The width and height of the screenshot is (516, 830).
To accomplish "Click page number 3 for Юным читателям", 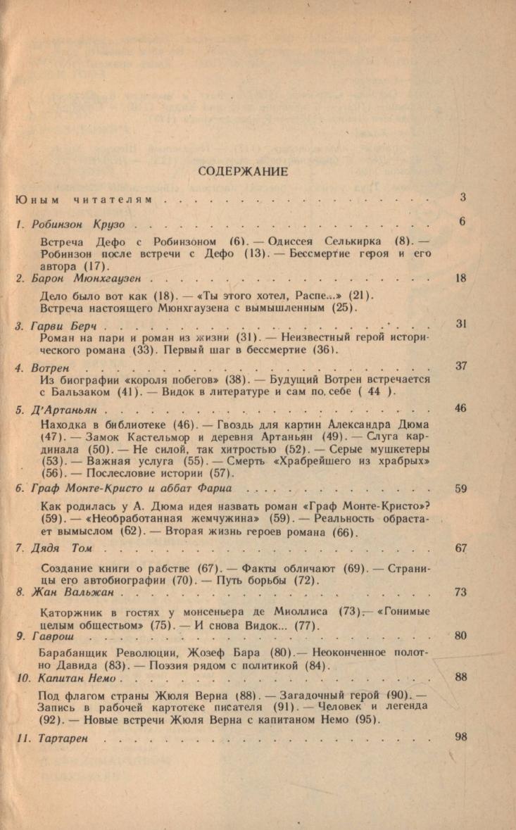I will tap(463, 198).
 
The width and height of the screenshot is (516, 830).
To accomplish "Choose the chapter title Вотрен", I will tap(51, 367).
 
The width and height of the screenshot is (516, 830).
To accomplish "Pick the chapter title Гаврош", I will tap(53, 636).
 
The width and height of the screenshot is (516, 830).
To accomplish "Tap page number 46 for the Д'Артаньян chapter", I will tap(461, 408).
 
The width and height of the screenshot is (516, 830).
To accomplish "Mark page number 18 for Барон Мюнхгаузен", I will tap(462, 278).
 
